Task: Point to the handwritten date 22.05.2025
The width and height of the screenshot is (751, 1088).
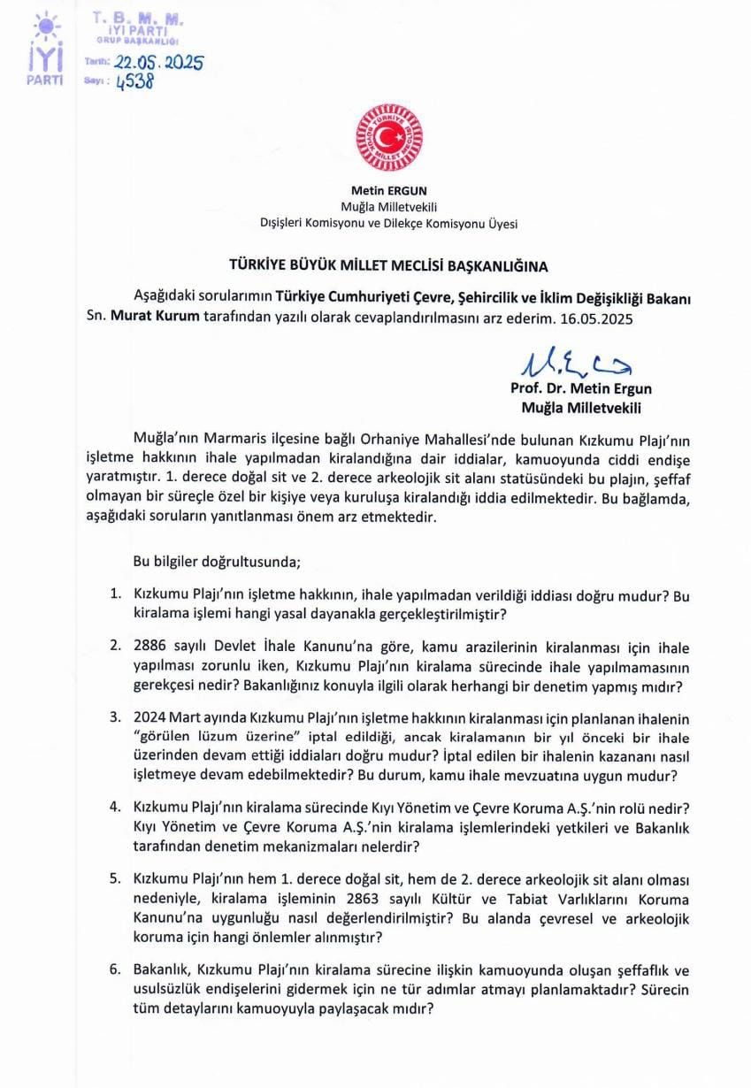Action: point(157,63)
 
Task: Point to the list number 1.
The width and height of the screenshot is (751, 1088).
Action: point(115,596)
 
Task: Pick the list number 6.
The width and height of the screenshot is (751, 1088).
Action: point(115,969)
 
